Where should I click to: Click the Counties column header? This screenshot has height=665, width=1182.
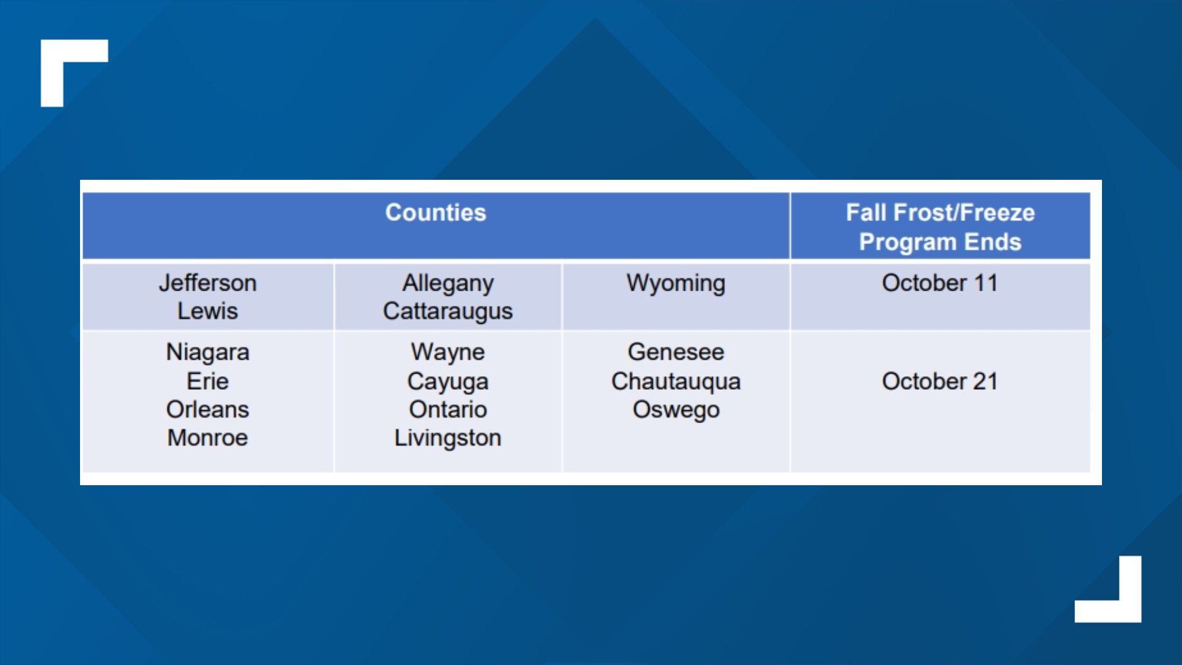point(435,212)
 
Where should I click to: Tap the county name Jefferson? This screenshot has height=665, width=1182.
point(207,283)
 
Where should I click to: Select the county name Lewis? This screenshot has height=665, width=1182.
point(207,311)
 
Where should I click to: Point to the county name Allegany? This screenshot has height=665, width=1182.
point(448,284)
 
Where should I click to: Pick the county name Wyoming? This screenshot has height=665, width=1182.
point(676,284)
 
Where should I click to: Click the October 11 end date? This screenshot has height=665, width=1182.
point(939,283)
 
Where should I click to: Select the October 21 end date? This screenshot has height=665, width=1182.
point(939,381)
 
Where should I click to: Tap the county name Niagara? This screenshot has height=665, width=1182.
point(207,353)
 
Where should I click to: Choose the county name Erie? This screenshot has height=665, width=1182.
point(207,381)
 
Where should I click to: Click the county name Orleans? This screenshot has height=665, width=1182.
point(207,409)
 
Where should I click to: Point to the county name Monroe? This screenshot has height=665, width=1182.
point(207,438)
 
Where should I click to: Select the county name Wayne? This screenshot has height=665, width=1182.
point(448,353)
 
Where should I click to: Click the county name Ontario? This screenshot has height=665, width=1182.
point(448,409)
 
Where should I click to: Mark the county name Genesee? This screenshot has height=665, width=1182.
point(676,352)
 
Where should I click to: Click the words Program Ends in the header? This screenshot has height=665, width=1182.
point(940,243)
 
